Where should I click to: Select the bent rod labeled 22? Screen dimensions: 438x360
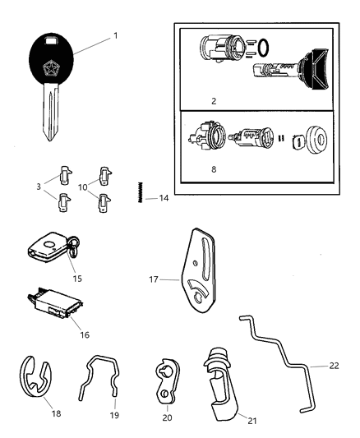click(288, 366)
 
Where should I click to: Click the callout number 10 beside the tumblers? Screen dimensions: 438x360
click(81, 187)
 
